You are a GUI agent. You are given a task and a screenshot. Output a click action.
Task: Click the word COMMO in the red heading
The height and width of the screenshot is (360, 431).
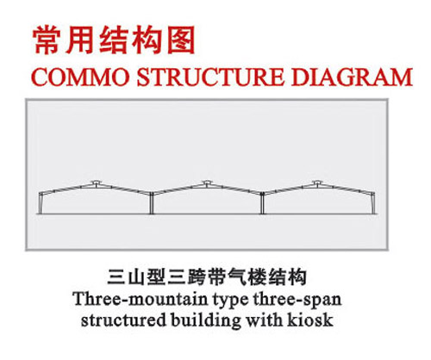(80, 77)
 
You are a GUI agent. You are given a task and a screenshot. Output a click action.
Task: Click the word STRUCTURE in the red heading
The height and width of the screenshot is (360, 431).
(210, 77)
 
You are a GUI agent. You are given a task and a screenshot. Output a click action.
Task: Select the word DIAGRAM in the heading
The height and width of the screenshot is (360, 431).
(352, 77)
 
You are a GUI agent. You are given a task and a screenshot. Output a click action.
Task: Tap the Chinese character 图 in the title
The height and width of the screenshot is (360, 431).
(181, 40)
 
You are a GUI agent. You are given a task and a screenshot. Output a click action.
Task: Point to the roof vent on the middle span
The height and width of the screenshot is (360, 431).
(207, 183)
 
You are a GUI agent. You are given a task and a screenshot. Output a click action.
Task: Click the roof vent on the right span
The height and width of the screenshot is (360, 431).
(317, 183)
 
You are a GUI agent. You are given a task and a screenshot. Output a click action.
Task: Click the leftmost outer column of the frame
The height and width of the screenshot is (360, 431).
(41, 203)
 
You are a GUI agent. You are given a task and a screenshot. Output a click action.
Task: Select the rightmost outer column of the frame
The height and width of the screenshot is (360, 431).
(373, 203)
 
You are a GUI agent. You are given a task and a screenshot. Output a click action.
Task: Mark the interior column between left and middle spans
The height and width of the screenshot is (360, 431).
(152, 203)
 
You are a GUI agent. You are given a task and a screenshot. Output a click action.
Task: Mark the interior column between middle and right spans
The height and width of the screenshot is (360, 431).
(262, 203)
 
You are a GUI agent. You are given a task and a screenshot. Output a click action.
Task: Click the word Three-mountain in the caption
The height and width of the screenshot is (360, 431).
(141, 299)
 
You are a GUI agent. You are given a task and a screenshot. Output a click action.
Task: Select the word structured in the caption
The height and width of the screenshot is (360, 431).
(123, 320)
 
